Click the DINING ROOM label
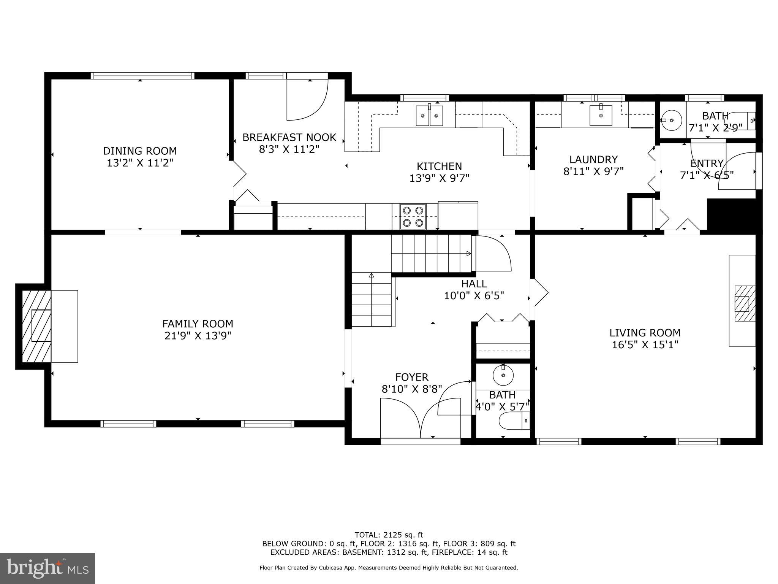point(140,151)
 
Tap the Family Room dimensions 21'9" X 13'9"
point(198,336)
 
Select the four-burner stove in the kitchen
point(413,216)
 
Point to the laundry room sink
point(601,115)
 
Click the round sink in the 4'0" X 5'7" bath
point(503,376)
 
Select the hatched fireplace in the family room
point(36,326)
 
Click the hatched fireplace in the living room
point(745,304)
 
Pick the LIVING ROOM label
point(645,333)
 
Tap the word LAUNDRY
point(593,159)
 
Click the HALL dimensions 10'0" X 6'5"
point(474,295)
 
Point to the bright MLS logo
point(47,568)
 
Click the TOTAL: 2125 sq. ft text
point(389,535)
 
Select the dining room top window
point(142,76)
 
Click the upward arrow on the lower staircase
point(371,275)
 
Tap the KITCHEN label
point(439,166)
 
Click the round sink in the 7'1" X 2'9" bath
point(672,120)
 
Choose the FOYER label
point(412,377)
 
